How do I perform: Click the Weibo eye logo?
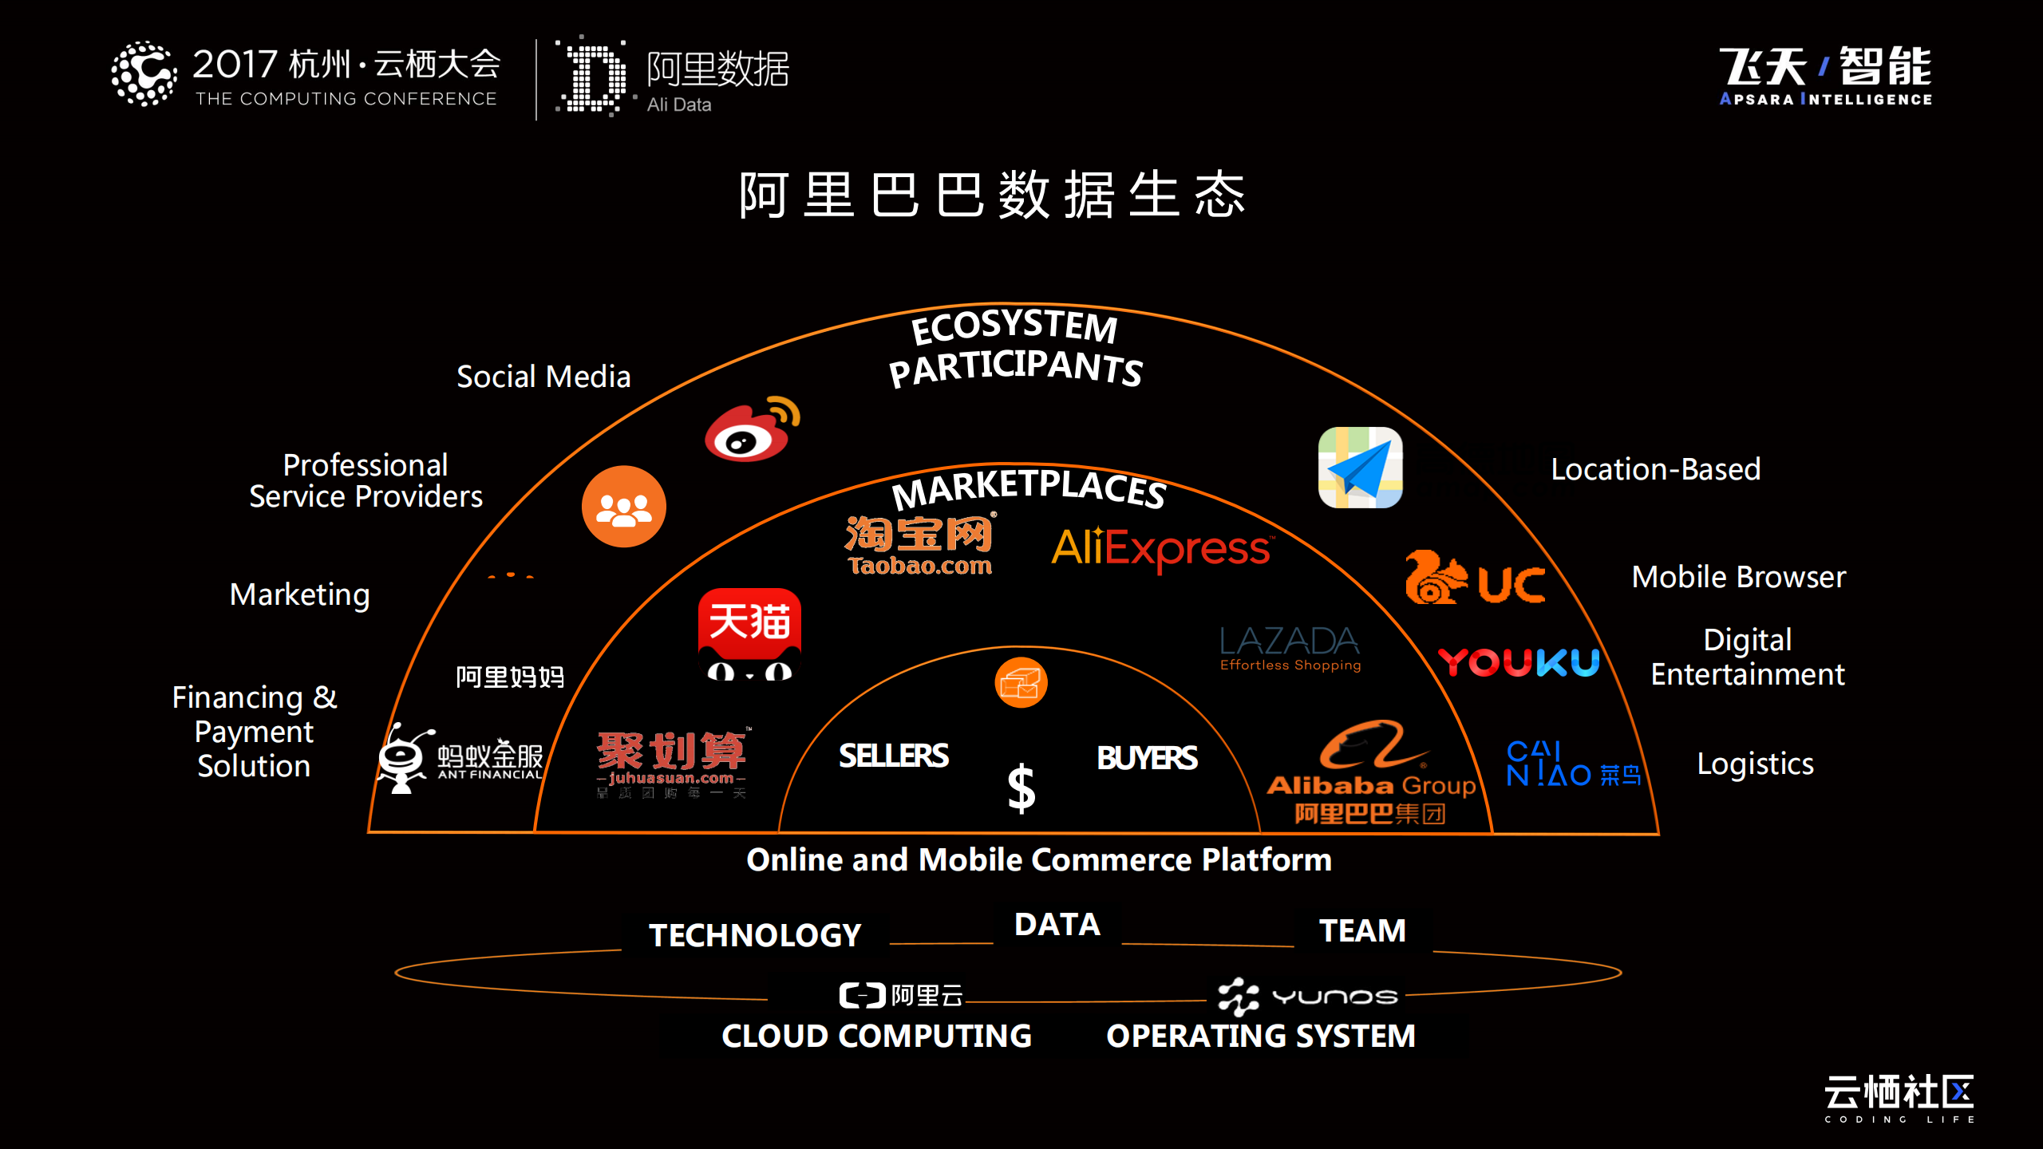pyautogui.click(x=750, y=432)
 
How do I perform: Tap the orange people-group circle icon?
pyautogui.click(x=623, y=507)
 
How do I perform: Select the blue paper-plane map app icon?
pyautogui.click(x=1360, y=468)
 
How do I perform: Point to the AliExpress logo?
pyautogui.click(x=1162, y=548)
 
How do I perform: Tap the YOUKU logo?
pyautogui.click(x=1519, y=662)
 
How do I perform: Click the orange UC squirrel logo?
pyautogui.click(x=1475, y=578)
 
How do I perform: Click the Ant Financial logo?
pyautogui.click(x=461, y=758)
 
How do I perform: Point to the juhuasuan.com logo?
pyautogui.click(x=671, y=762)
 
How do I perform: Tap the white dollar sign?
pyautogui.click(x=1021, y=788)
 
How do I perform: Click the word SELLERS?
pyautogui.click(x=893, y=756)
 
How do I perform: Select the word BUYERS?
pyautogui.click(x=1147, y=758)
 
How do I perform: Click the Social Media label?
pyautogui.click(x=543, y=377)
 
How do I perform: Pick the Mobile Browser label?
pyautogui.click(x=1738, y=577)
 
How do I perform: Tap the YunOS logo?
pyautogui.click(x=1307, y=997)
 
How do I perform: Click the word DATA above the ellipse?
pyautogui.click(x=1057, y=925)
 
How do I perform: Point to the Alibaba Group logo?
pyautogui.click(x=1371, y=772)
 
